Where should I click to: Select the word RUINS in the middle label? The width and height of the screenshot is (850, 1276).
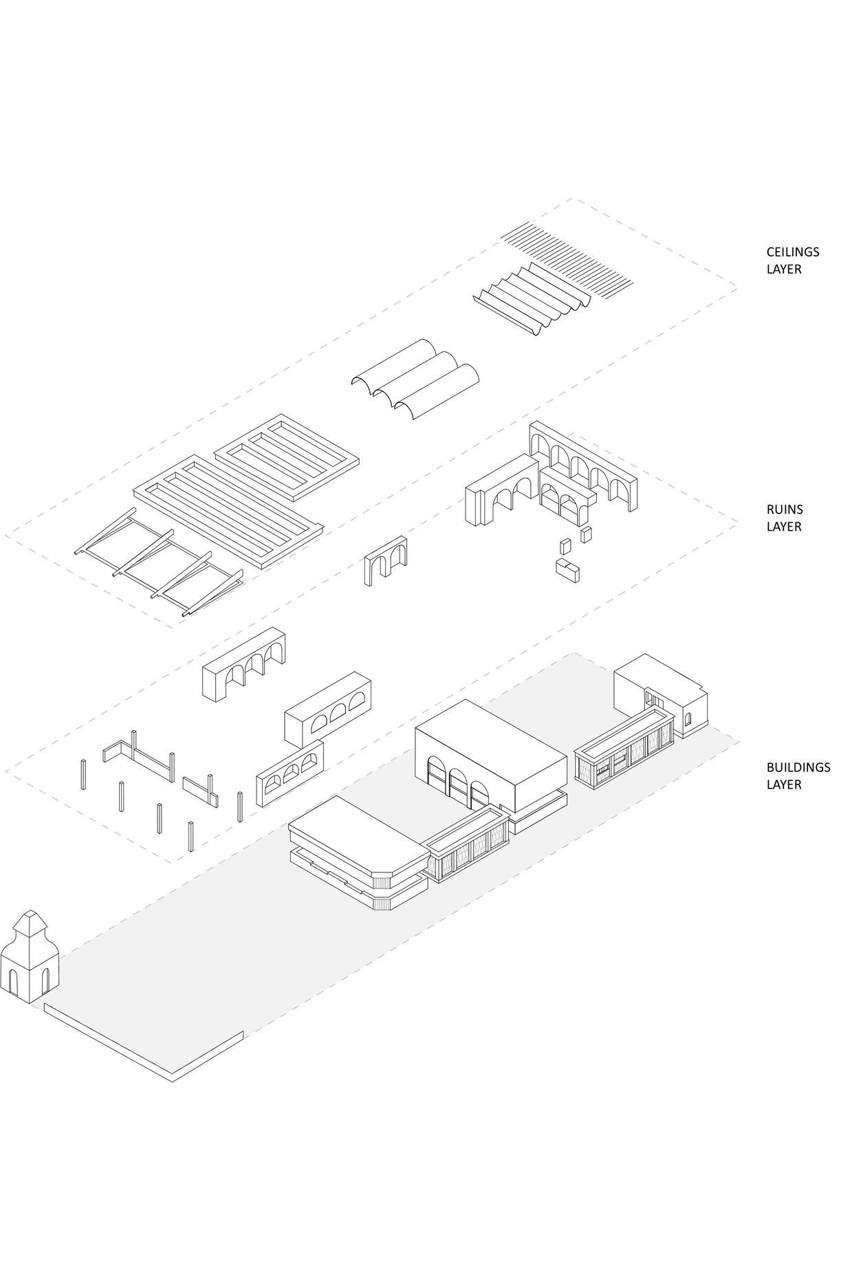[x=784, y=509]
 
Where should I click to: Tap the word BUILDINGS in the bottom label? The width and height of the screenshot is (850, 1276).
[x=798, y=767]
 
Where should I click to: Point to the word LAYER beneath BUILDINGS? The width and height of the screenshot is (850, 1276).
[x=784, y=784]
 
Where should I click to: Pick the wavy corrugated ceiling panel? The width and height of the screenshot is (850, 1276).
[x=533, y=297]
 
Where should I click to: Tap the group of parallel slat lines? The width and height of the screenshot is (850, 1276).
[x=567, y=254]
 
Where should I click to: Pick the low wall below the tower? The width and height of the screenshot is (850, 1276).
[x=144, y=1045]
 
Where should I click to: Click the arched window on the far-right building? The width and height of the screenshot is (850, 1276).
[x=688, y=719]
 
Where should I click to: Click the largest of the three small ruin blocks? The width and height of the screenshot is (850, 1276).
[x=567, y=570]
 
